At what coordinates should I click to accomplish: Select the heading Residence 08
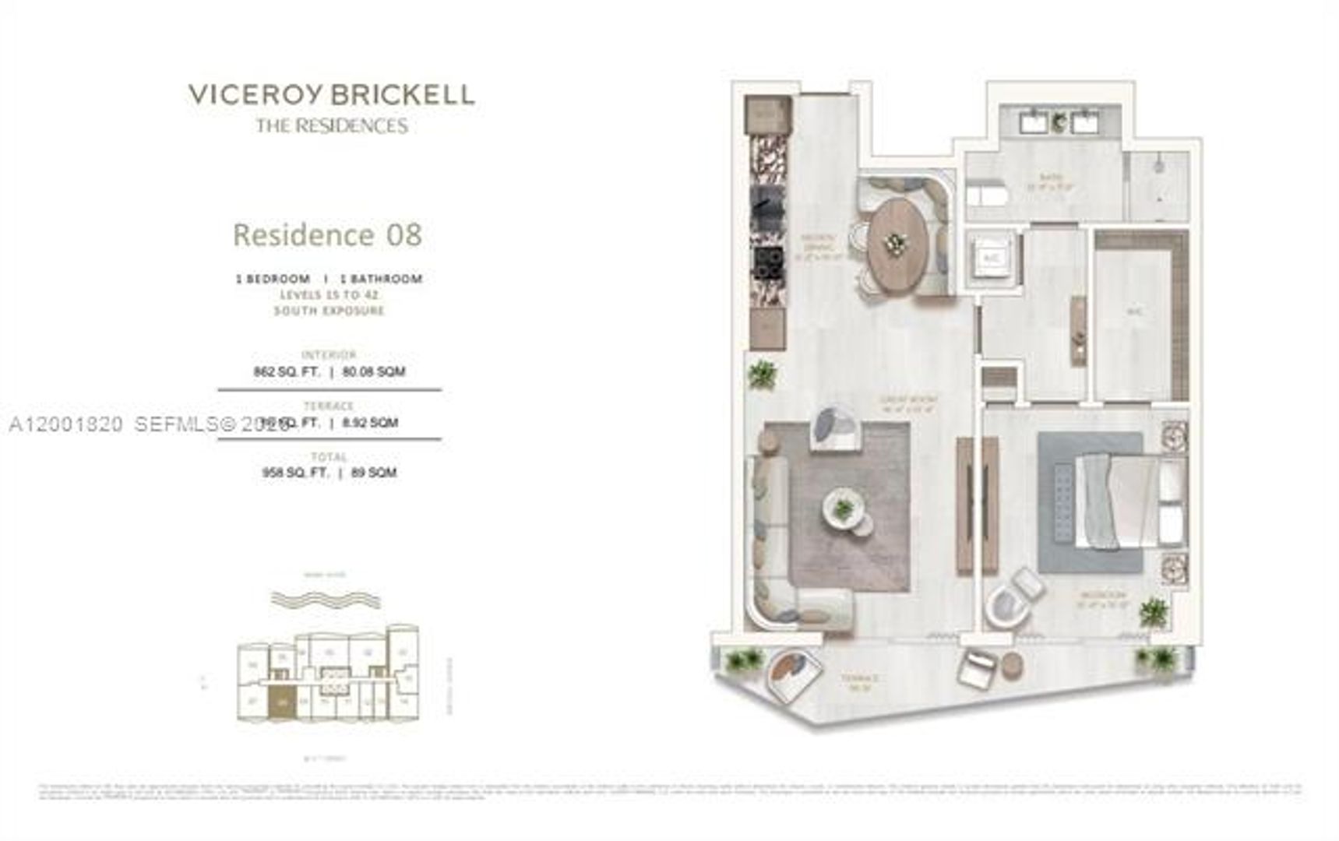327,234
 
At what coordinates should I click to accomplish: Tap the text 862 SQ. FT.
286,372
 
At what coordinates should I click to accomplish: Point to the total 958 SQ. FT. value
295,473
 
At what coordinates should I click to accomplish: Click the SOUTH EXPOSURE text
329,311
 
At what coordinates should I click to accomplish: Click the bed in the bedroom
1122,502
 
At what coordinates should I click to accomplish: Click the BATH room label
1050,178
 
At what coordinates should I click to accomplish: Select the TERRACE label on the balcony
860,679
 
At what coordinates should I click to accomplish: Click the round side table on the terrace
1012,667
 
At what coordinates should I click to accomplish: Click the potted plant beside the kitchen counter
762,375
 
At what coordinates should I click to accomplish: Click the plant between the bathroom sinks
1059,121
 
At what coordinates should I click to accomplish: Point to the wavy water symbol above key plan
326,600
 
